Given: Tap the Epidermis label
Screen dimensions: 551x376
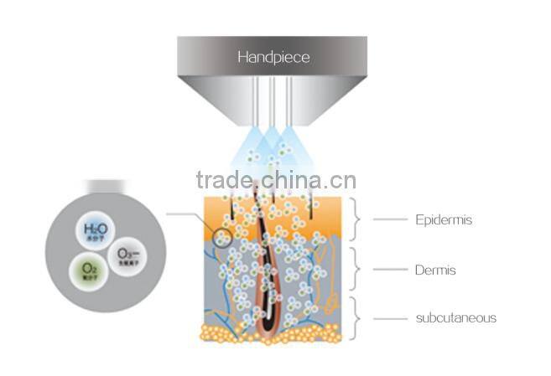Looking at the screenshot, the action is pos(442,220).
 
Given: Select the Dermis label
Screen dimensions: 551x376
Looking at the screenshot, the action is pos(435,270).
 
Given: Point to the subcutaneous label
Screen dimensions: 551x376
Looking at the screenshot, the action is pos(456,317).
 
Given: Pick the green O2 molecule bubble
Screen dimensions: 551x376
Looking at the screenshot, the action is pos(86,270).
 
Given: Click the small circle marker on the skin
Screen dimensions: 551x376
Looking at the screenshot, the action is pos(222,238).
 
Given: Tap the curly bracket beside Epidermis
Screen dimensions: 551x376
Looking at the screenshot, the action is pos(356,220).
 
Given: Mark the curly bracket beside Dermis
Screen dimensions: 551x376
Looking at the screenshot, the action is pos(356,270).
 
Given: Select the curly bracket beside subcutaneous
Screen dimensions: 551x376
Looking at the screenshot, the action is pos(356,318).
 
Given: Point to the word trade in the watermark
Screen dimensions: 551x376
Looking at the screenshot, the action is pos(223,181).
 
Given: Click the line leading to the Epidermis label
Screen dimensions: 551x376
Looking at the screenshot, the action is pos(389,220).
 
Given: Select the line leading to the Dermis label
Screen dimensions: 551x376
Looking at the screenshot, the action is pos(389,270).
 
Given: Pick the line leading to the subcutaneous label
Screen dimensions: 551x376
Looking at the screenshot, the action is pos(389,318).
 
